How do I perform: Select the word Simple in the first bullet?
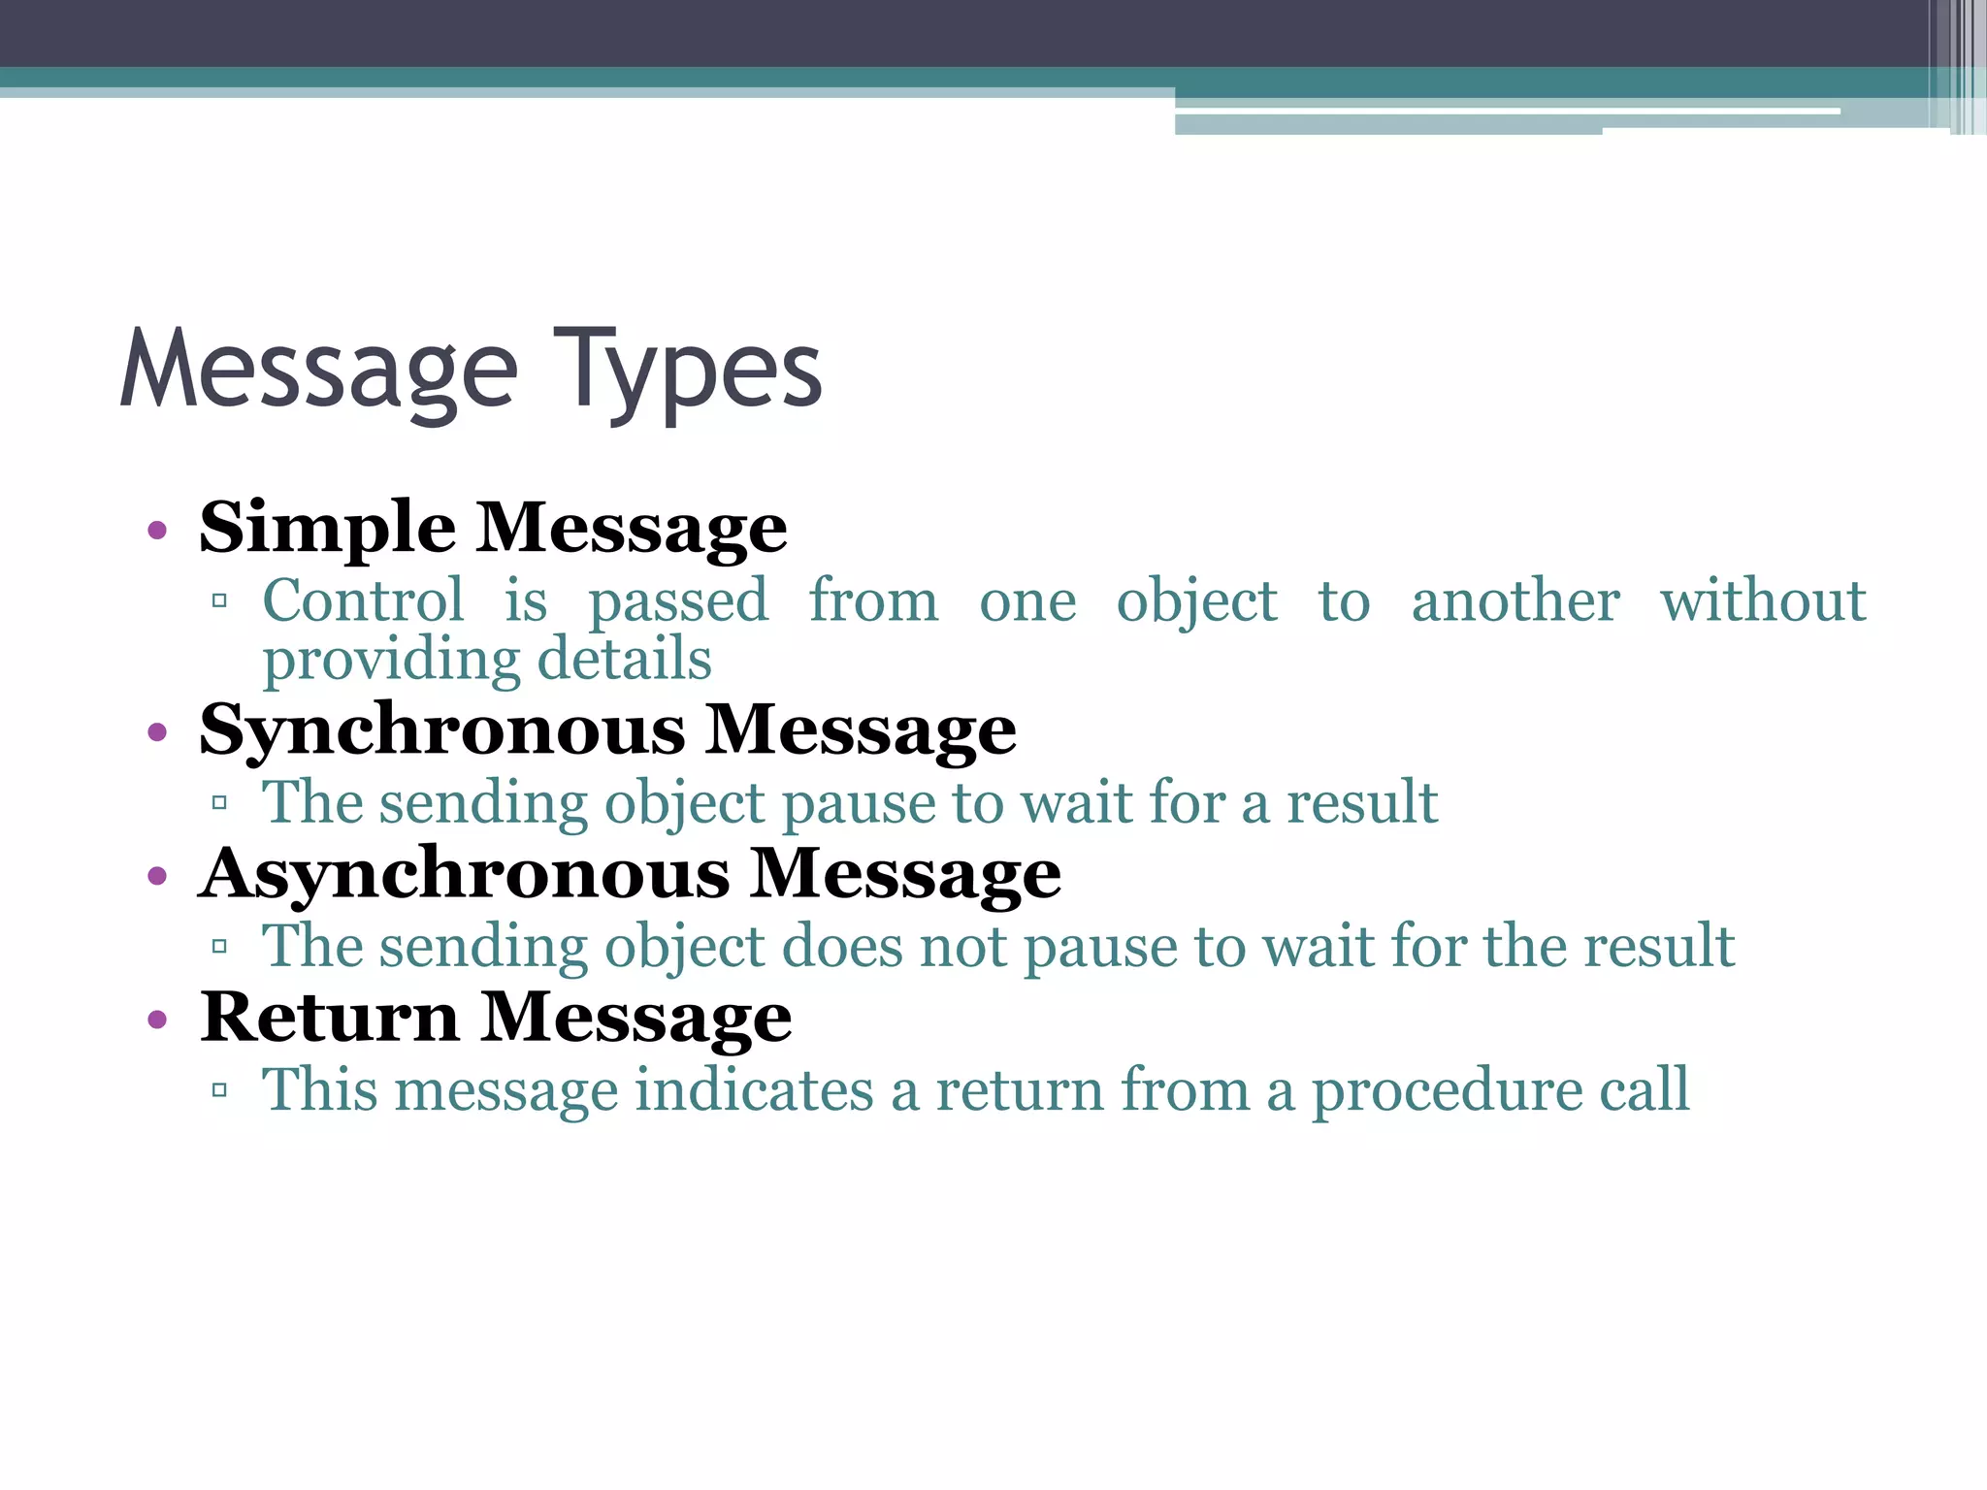327,529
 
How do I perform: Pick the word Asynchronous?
464,874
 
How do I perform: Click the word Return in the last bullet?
329,1018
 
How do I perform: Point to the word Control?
364,600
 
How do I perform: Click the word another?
1515,600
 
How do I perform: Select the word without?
1763,600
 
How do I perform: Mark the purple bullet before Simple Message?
157,532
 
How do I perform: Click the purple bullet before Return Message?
157,1020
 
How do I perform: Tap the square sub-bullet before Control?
219,601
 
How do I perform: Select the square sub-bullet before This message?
219,1090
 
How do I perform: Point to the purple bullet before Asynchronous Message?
157,877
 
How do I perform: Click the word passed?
678,602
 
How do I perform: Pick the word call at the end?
1644,1090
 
